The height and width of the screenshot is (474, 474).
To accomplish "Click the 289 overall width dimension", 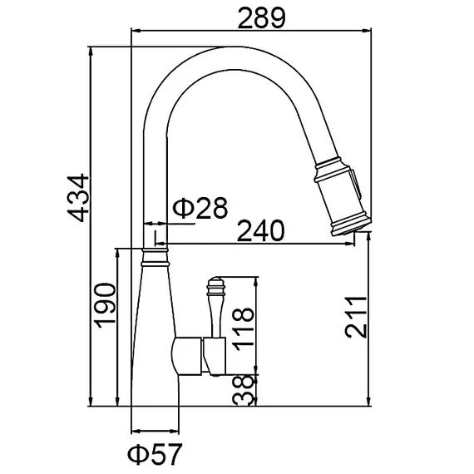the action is pos(261,18).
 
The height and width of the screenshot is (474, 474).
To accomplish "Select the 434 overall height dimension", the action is pos(78,198).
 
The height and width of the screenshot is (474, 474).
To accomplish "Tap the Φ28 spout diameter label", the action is pos(200,208).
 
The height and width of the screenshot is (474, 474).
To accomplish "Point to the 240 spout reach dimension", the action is pos(260,230).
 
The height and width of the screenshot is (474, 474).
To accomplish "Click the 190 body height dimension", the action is pos(106,306).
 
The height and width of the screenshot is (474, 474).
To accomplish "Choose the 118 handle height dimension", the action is pos(243,329).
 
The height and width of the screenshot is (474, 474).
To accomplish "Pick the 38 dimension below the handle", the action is pos(243,390).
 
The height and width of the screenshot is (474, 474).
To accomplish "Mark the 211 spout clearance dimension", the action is pos(356,317).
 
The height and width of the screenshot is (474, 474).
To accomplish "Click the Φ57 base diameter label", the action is pos(155,454).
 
